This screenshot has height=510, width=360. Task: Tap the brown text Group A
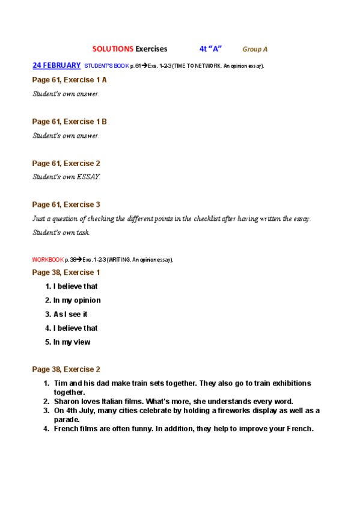point(255,49)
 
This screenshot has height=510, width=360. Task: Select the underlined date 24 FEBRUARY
point(56,65)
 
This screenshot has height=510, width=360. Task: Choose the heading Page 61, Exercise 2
point(66,163)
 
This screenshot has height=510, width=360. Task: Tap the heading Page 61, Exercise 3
point(66,204)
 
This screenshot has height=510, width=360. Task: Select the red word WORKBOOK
point(47,260)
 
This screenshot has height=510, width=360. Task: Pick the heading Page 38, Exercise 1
point(66,272)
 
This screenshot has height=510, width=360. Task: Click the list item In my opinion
point(77,300)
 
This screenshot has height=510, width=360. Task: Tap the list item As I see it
point(70,314)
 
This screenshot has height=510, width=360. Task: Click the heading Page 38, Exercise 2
point(66,369)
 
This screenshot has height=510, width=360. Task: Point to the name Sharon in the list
point(66,401)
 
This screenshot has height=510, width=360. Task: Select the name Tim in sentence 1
point(60,383)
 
